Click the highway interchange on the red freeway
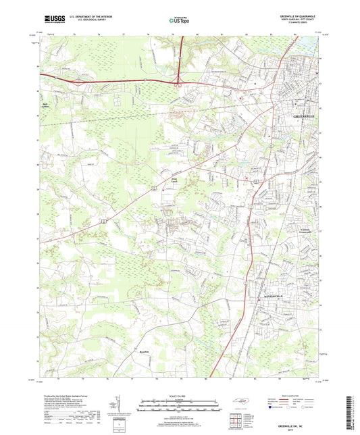(178, 83)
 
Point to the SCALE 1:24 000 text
(180, 396)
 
